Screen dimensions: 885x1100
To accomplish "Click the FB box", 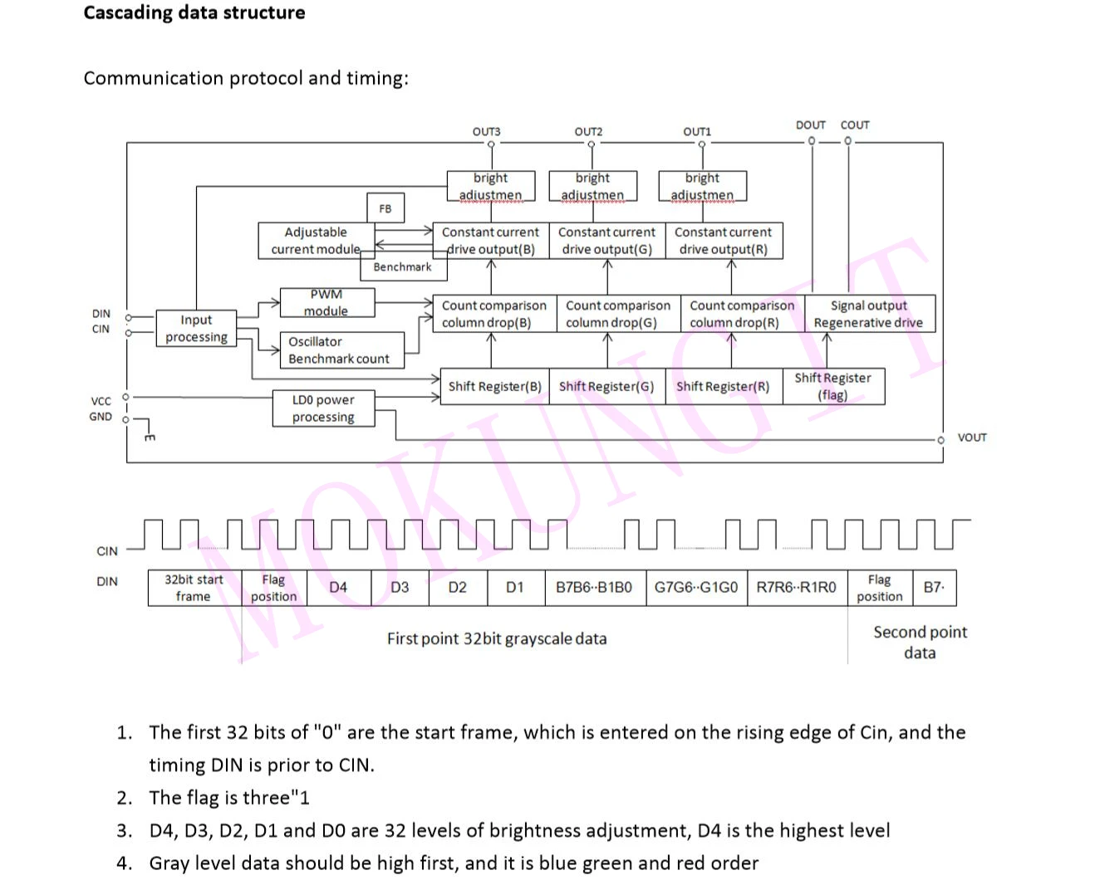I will point(385,208).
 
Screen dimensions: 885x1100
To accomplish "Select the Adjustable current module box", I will point(316,241).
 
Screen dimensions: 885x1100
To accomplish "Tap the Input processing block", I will point(196,329).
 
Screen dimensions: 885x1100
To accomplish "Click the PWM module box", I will point(326,303).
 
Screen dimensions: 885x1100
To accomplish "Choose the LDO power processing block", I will point(323,408).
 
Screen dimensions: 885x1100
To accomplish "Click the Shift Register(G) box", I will point(606,387).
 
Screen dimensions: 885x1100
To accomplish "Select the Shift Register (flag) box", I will point(832,387).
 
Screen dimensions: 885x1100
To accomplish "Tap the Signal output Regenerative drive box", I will point(868,314).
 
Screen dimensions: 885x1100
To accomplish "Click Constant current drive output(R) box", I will point(723,241).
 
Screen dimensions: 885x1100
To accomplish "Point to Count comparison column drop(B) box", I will point(494,314).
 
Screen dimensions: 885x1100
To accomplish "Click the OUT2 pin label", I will point(588,131).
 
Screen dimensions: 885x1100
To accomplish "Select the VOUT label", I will point(972,438).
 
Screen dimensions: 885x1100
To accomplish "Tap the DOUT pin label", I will point(810,125).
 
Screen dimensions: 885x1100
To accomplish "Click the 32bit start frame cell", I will point(194,588).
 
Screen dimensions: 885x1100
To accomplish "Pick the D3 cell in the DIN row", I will point(400,588).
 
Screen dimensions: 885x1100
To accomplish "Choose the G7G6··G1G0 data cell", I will point(695,588).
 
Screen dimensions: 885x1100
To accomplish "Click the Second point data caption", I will point(920,642).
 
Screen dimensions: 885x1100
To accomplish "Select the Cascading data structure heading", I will point(194,12).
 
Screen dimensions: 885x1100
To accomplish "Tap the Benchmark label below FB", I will point(402,266).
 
